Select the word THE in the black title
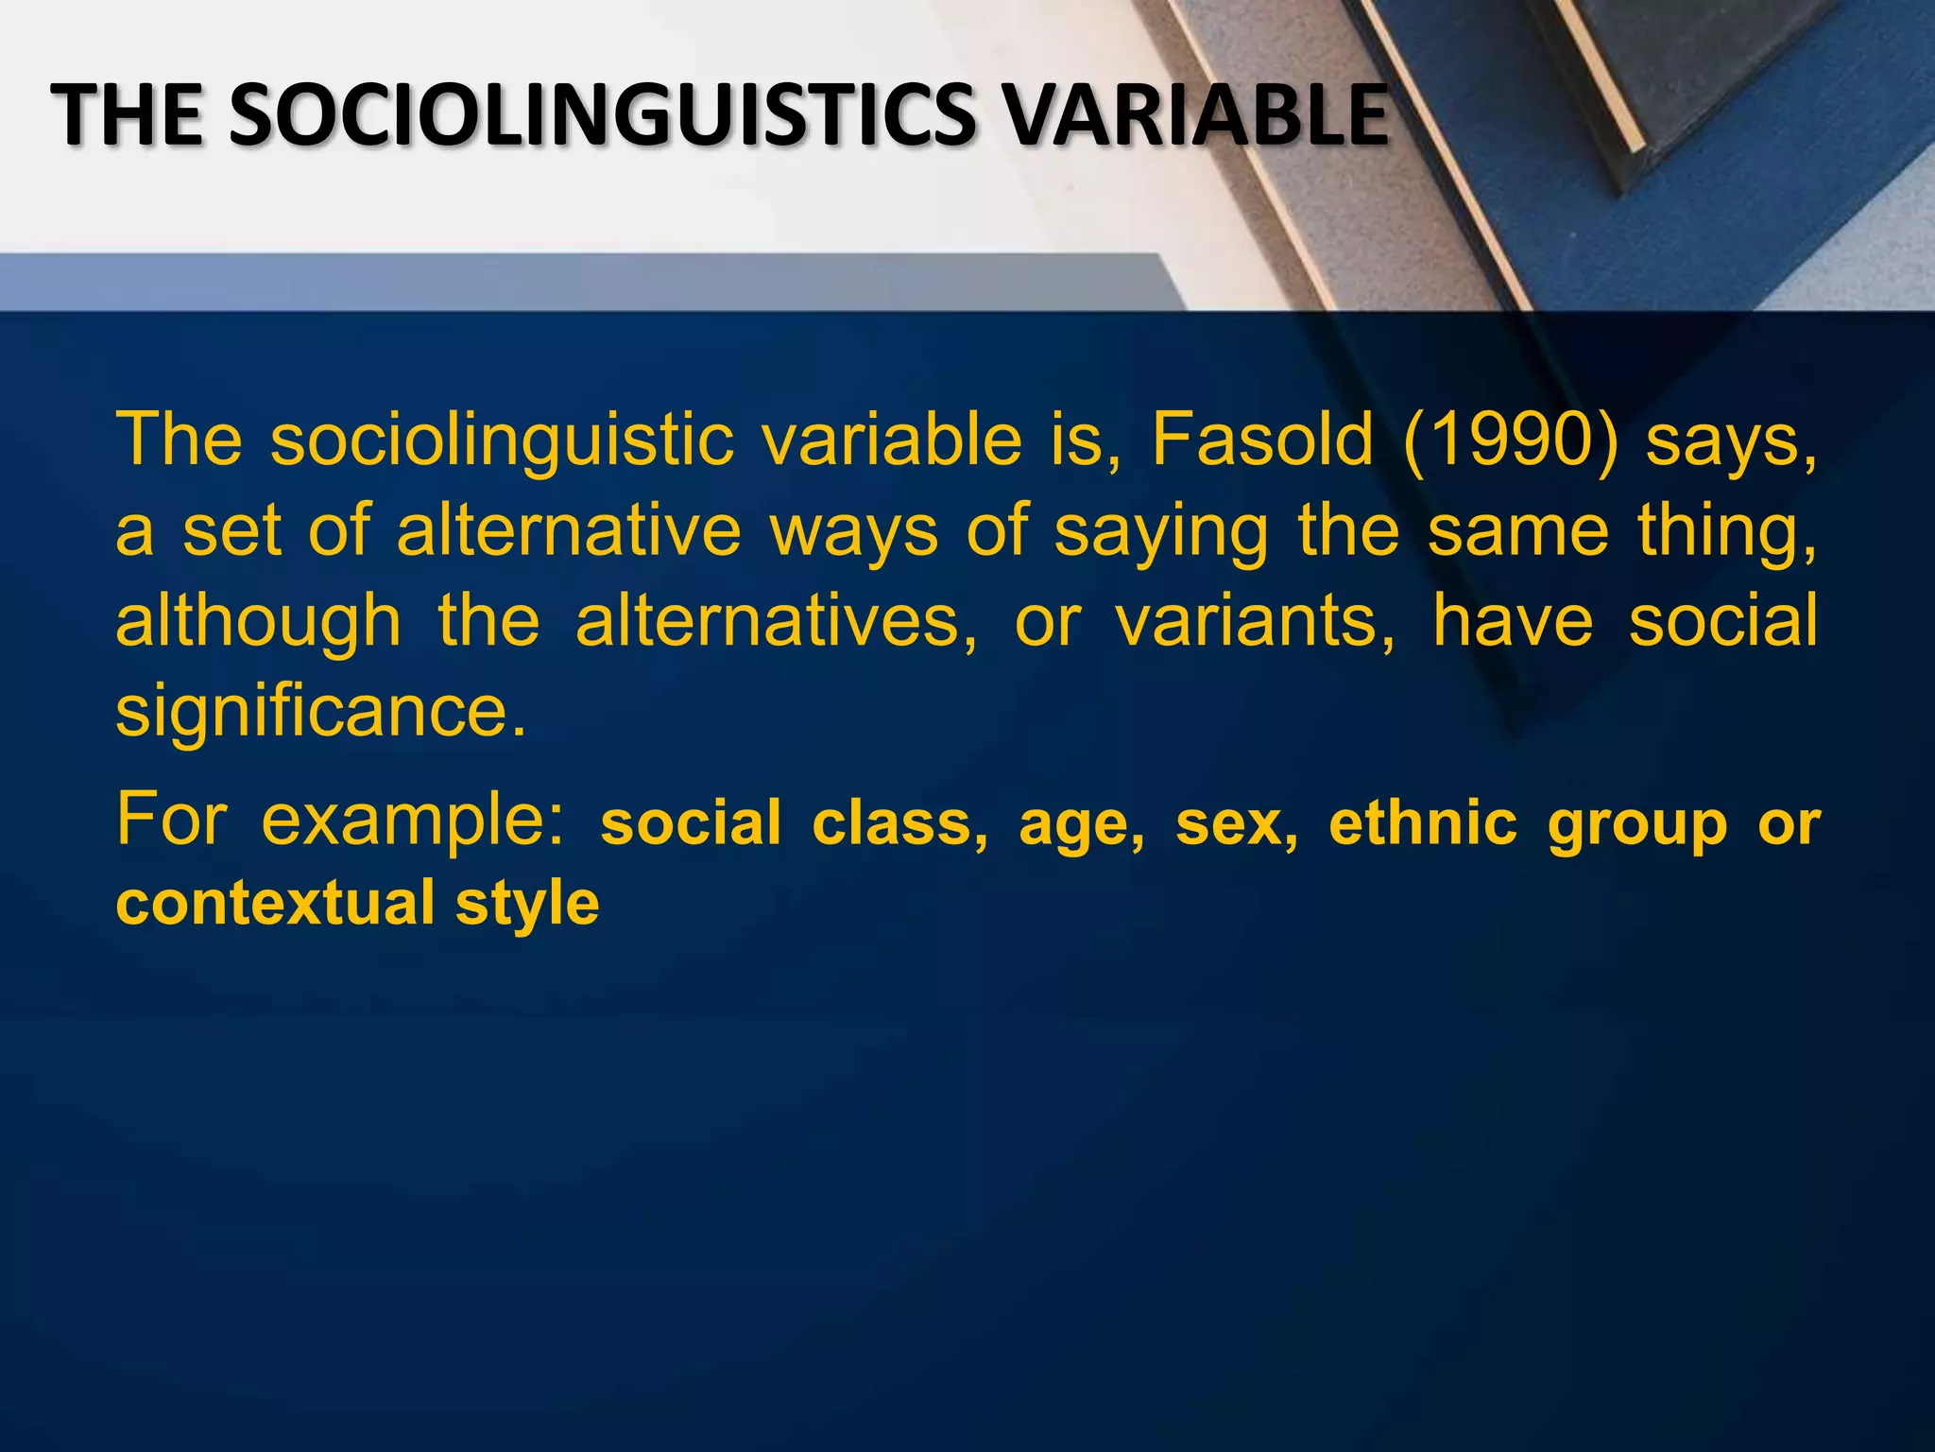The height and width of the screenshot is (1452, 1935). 127,115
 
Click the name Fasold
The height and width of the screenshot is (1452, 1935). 1261,440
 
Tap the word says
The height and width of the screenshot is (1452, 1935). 1731,441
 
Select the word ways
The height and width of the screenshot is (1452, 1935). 854,531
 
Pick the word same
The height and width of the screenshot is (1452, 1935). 1517,531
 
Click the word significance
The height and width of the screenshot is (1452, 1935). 320,712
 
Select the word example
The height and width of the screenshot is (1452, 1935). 413,821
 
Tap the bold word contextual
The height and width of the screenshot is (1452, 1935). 275,903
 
